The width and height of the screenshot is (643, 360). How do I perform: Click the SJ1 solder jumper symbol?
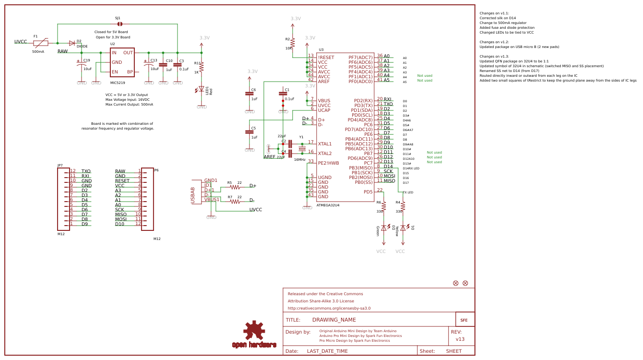(119, 24)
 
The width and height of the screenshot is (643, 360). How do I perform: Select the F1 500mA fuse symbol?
(41, 43)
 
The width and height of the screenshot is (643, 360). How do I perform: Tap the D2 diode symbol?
(72, 43)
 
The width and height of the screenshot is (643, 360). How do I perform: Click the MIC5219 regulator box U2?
(122, 62)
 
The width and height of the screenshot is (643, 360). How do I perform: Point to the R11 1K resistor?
(202, 67)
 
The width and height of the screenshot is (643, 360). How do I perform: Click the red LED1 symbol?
(202, 89)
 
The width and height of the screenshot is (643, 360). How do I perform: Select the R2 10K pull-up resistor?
(293, 43)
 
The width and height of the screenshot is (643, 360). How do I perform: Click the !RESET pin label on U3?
(326, 57)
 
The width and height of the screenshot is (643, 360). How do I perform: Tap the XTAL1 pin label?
(325, 144)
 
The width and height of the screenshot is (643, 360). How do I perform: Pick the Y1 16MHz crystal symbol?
(302, 148)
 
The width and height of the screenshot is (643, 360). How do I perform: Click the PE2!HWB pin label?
(328, 163)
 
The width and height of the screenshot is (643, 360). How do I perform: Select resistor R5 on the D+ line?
(235, 187)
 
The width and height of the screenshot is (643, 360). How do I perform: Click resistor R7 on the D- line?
(235, 201)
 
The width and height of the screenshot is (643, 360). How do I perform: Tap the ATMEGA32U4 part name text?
(328, 205)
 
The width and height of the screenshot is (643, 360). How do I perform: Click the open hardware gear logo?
(254, 331)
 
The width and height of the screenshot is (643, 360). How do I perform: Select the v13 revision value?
(460, 339)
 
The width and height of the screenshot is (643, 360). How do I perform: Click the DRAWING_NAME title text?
(334, 320)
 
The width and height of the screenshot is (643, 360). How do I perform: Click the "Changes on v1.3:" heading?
(494, 57)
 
